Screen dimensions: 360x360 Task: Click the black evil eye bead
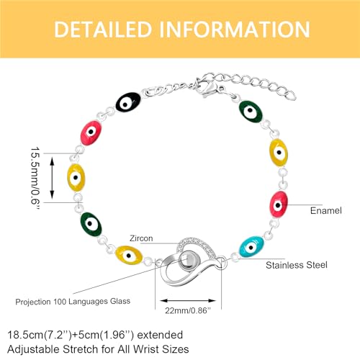click(x=128, y=102)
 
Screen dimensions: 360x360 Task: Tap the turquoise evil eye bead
click(x=251, y=246)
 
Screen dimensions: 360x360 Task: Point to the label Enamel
click(x=326, y=210)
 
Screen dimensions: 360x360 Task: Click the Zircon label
click(x=141, y=238)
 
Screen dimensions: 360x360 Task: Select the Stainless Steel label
click(x=297, y=265)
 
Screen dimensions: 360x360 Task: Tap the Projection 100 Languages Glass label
click(x=73, y=302)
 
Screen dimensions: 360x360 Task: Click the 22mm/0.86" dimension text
click(x=188, y=310)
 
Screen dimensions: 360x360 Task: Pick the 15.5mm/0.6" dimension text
click(x=35, y=178)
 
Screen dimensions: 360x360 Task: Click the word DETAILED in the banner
click(x=103, y=30)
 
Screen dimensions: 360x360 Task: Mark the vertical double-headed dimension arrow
click(x=52, y=178)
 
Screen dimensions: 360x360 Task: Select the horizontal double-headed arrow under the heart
click(x=188, y=300)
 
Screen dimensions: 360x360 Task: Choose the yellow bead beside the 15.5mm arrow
click(x=76, y=178)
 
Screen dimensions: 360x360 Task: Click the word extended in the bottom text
click(x=160, y=335)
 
